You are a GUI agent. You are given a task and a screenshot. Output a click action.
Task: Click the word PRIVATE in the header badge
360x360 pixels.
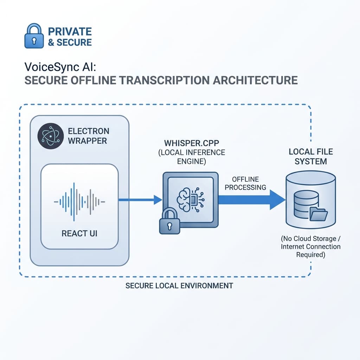[70, 31]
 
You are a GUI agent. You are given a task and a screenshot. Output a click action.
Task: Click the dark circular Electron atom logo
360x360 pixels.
[50, 136]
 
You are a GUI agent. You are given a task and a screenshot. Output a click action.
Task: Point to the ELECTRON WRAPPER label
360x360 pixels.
[88, 136]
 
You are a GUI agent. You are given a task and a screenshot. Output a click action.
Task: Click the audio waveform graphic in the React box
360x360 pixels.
[79, 201]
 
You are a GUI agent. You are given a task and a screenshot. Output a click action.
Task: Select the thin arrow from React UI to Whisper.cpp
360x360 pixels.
[139, 200]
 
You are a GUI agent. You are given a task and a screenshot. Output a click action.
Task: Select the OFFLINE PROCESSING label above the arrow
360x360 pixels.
[245, 183]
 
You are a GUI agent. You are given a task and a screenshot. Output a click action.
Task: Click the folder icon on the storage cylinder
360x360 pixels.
[319, 214]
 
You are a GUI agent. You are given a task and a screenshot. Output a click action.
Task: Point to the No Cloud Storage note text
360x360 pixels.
[310, 246]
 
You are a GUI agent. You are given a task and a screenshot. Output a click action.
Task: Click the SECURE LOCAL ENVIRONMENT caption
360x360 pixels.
[179, 285]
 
